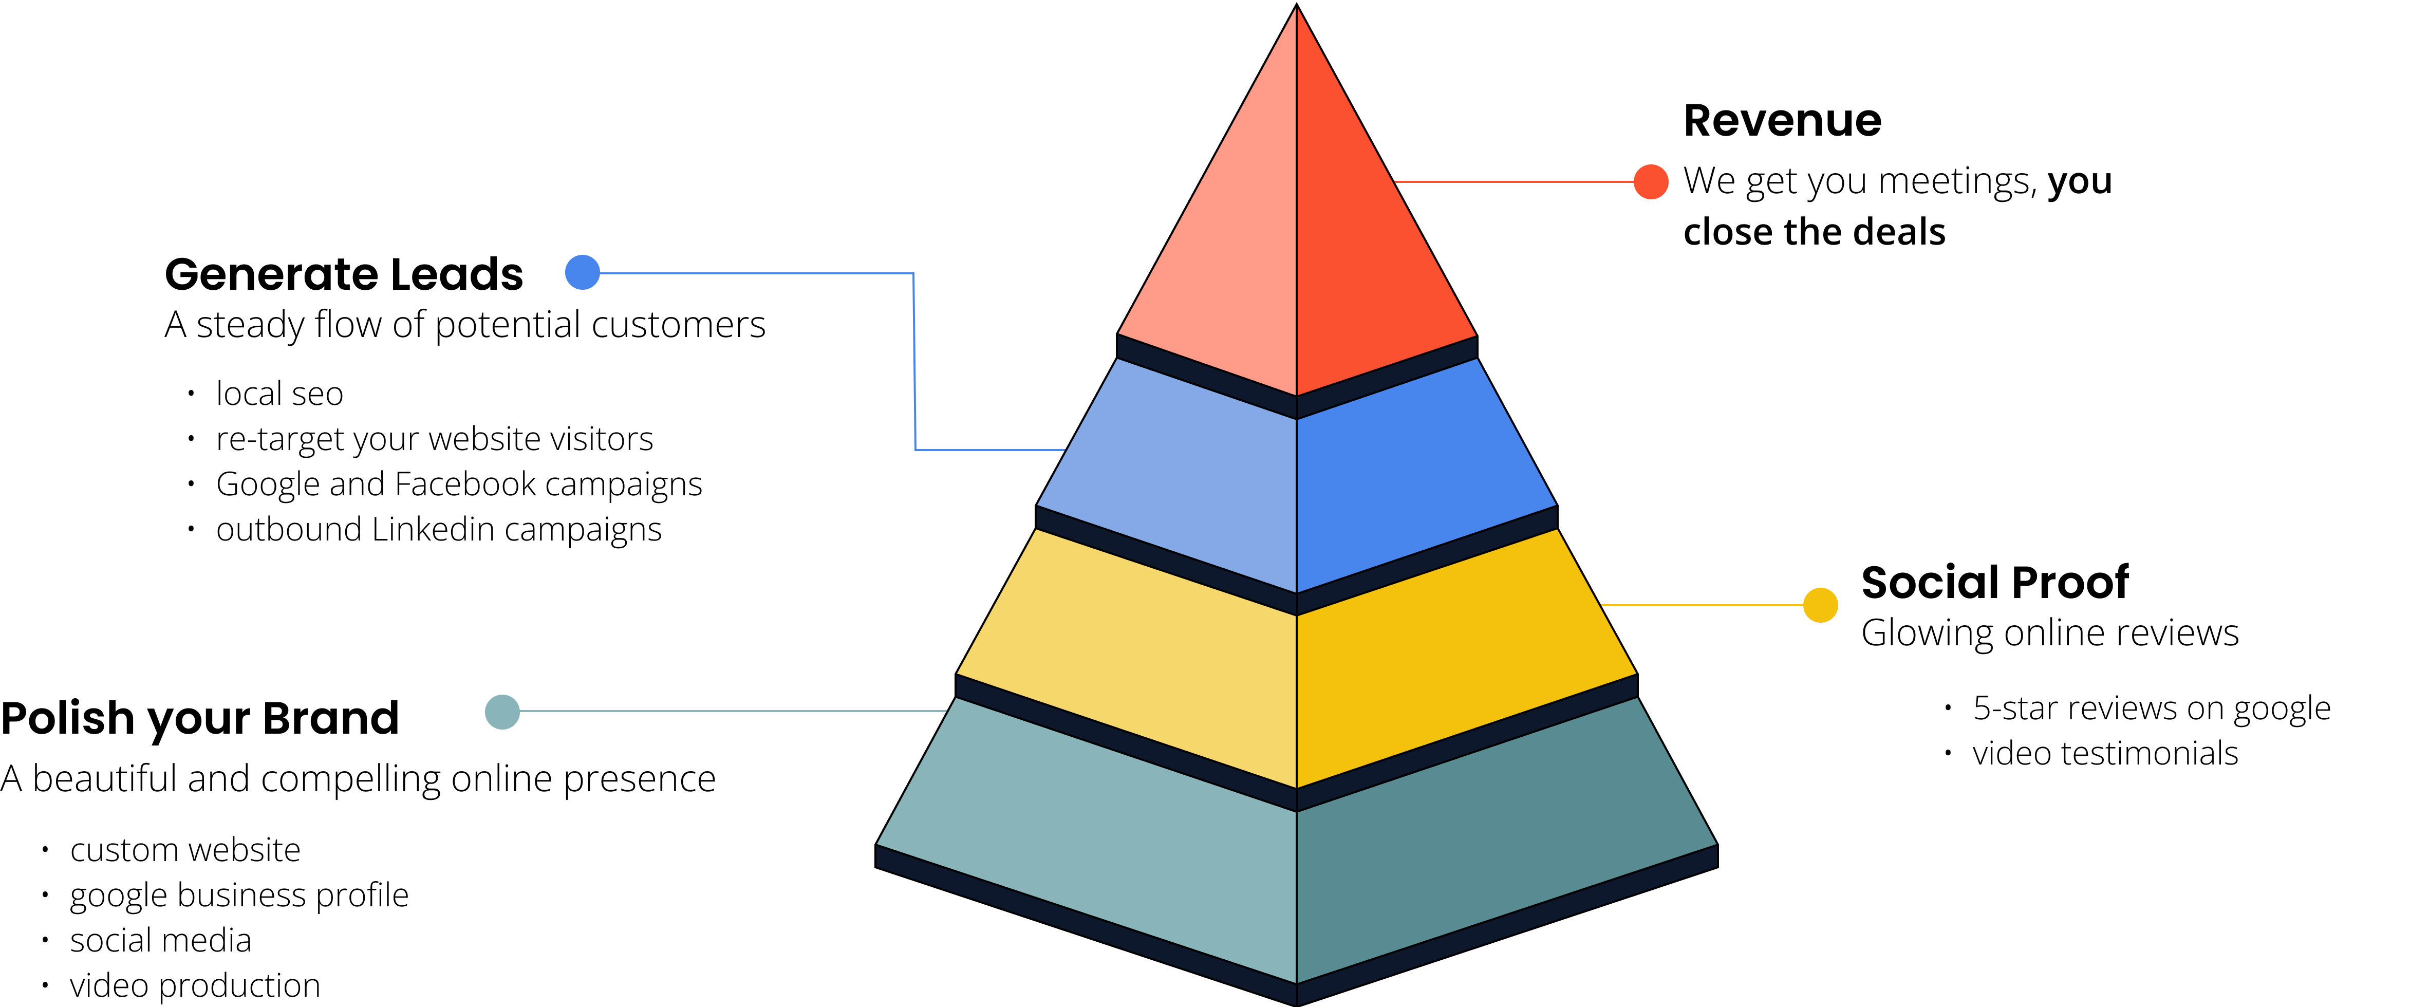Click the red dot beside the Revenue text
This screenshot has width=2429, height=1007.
[1651, 181]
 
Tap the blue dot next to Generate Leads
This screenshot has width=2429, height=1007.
[583, 272]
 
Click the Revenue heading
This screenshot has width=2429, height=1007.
[1782, 121]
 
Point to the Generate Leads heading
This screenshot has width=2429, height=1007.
[344, 274]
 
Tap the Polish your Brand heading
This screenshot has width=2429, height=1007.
[200, 718]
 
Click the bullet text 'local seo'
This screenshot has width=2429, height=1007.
[279, 393]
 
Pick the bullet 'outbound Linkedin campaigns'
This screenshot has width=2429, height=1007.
[438, 530]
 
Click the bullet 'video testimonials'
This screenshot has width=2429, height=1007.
[2105, 753]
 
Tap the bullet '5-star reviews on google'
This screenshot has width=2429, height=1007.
[2152, 708]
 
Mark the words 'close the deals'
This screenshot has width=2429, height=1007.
[1814, 232]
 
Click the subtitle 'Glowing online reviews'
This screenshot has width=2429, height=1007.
[2050, 632]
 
